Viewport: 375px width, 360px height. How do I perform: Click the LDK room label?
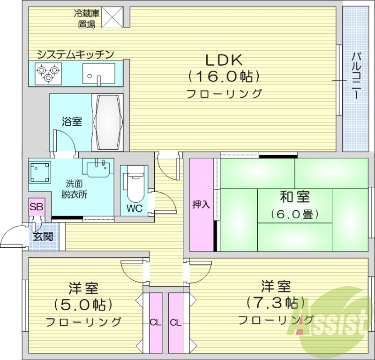coord(224,60)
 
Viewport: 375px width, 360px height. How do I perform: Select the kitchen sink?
coord(99,74)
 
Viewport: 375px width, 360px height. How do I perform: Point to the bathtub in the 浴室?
coord(109,122)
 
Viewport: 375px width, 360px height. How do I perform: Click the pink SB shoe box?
coord(35,207)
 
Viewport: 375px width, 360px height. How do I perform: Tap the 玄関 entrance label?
coord(43,236)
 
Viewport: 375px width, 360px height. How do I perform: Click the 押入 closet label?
coord(201,205)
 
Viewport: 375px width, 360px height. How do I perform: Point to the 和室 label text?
coord(294,197)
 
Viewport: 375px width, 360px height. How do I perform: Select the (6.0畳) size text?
coord(294,214)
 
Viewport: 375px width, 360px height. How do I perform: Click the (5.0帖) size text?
coord(83,305)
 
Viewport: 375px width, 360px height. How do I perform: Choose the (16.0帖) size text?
coord(224,77)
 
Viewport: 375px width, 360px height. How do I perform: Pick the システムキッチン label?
coord(75,54)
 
